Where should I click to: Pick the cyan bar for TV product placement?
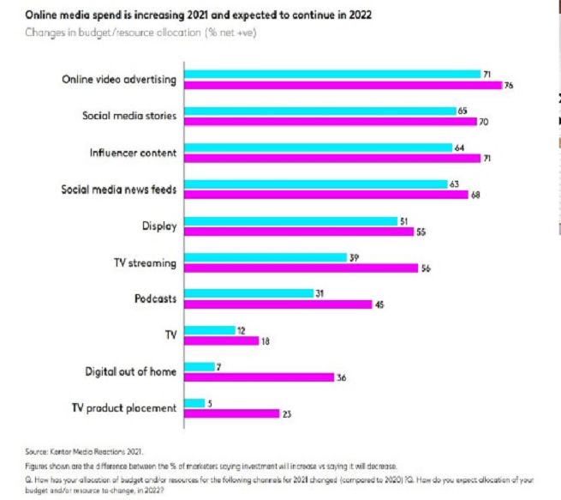click(x=194, y=403)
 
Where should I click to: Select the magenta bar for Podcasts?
click(x=278, y=304)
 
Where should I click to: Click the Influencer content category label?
click(x=133, y=153)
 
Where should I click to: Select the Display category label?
click(x=159, y=226)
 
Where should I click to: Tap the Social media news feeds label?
click(x=119, y=190)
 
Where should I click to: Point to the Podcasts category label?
click(x=155, y=298)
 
